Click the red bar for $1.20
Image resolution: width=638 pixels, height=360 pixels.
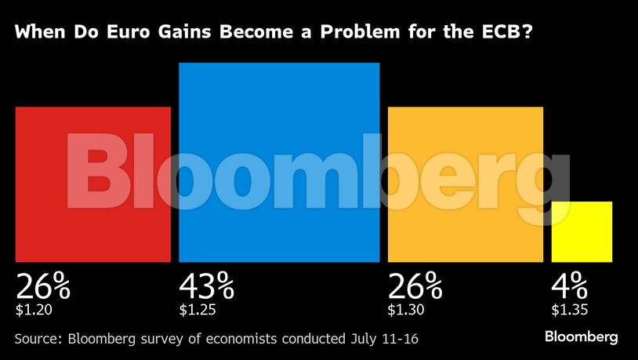point(92,184)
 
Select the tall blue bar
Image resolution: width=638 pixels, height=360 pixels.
point(279,162)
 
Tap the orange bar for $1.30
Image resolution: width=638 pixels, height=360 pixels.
point(466,184)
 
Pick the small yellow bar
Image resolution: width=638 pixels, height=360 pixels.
point(582,231)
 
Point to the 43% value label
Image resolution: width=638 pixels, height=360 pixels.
point(207,286)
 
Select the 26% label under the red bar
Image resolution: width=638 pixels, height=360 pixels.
point(43,286)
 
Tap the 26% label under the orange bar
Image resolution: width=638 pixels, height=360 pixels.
point(415,286)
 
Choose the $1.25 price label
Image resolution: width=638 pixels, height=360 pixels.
point(198,310)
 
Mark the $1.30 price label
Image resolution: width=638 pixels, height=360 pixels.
point(406,310)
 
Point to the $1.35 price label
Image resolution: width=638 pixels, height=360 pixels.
point(569,310)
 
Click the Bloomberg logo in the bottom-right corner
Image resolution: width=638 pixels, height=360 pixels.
point(582,336)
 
